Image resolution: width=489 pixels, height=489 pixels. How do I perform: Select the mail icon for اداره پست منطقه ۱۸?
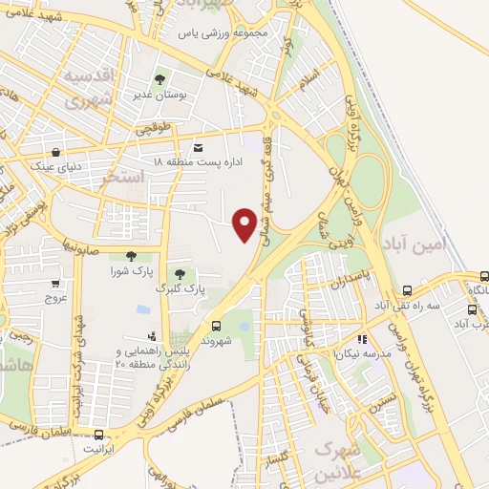point(198,148)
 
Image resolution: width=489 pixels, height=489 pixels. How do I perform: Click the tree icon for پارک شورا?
point(131,255)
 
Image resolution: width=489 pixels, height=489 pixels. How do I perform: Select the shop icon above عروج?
point(55,283)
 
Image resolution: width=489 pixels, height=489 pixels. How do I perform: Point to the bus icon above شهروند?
point(216,325)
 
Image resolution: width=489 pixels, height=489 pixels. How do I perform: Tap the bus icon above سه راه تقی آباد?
point(407,290)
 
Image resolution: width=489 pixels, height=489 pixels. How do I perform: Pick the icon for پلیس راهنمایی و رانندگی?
point(153,335)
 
